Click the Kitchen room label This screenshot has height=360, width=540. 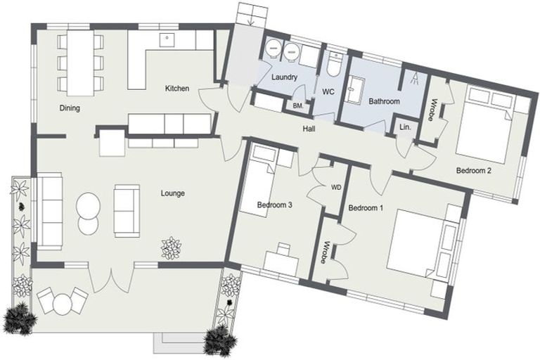pyautogui.click(x=177, y=89)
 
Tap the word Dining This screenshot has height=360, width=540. pyautogui.click(x=70, y=108)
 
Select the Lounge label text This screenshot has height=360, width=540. pyautogui.click(x=172, y=193)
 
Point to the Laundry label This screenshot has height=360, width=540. pyautogui.click(x=284, y=77)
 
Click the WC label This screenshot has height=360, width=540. pyautogui.click(x=328, y=92)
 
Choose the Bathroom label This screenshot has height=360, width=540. pyautogui.click(x=385, y=101)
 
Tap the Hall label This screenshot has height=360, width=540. pyautogui.click(x=309, y=129)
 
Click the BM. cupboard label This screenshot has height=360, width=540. pyautogui.click(x=298, y=106)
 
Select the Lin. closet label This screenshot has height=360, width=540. pyautogui.click(x=405, y=127)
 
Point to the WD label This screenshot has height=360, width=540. pyautogui.click(x=336, y=188)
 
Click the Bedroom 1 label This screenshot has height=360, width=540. pyautogui.click(x=366, y=208)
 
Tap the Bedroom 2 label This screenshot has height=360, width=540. pyautogui.click(x=473, y=170)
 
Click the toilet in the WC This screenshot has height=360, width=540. pyautogui.click(x=334, y=64)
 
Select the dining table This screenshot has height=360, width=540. pyautogui.click(x=81, y=63)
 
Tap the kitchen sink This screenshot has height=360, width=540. pyautogui.click(x=167, y=39)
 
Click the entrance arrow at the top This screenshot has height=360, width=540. pyautogui.click(x=251, y=20)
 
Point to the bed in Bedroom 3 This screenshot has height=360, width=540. pyautogui.click(x=259, y=181)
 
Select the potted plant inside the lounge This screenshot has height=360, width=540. pyautogui.click(x=171, y=247)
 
